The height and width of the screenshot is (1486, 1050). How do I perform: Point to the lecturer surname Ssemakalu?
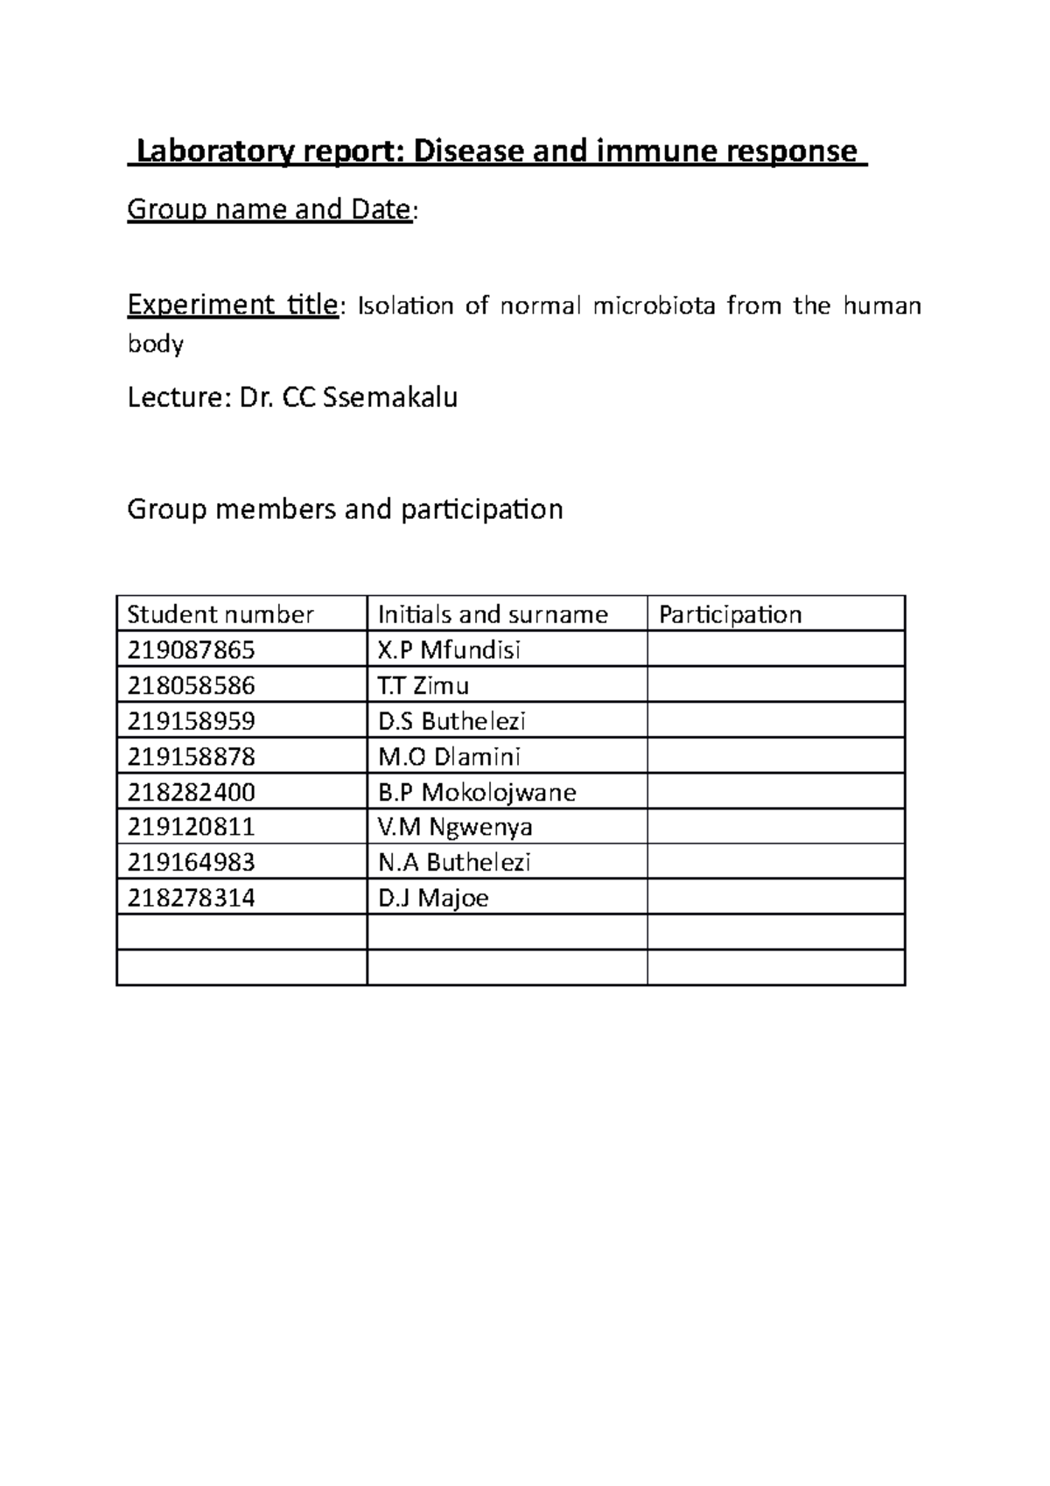click(390, 398)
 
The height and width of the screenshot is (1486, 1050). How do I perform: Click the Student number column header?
click(220, 614)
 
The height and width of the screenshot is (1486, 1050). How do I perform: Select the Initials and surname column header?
click(493, 614)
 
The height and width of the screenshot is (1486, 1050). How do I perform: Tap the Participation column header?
click(731, 614)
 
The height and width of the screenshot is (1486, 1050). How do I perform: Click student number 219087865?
click(192, 650)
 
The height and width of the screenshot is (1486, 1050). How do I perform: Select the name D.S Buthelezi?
click(451, 721)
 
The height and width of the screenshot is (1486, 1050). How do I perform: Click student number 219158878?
click(192, 756)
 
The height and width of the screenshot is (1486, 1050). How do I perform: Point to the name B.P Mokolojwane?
click(477, 792)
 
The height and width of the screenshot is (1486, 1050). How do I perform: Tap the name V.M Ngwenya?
click(455, 827)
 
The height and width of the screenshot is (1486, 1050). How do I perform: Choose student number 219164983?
click(192, 862)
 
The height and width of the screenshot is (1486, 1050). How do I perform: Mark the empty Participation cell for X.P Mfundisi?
click(775, 650)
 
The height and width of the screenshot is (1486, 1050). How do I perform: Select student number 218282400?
click(192, 792)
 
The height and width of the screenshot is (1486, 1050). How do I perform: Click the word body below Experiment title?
click(156, 344)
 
